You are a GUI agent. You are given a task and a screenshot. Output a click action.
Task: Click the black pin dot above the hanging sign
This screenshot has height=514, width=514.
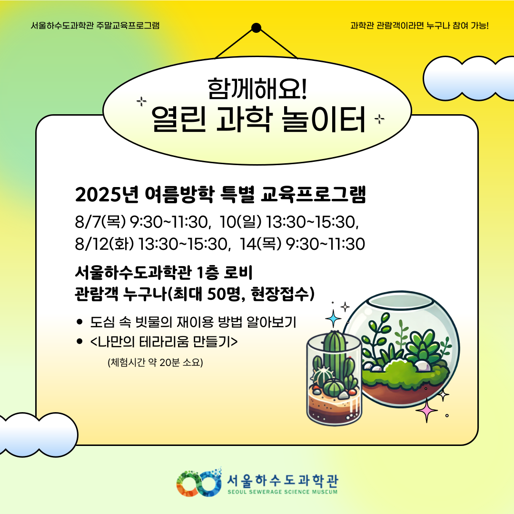tap(256, 28)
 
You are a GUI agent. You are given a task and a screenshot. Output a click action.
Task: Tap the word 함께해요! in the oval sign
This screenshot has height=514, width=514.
tap(257, 89)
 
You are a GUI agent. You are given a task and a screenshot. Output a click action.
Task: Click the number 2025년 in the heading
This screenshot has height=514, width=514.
tap(107, 194)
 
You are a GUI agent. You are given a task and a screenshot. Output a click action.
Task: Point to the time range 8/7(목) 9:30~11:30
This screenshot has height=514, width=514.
tap(142, 222)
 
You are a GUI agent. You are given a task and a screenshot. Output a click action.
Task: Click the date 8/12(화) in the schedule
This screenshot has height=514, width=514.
tap(104, 244)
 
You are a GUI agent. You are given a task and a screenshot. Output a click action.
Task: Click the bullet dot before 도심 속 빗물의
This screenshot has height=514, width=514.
tap(79, 322)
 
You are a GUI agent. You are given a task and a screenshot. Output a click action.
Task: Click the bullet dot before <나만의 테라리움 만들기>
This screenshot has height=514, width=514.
tap(79, 341)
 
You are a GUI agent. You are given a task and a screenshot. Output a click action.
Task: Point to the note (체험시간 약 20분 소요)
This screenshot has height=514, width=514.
tap(155, 362)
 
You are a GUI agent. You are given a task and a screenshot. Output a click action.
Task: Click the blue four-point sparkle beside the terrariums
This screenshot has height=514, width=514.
tap(333, 318)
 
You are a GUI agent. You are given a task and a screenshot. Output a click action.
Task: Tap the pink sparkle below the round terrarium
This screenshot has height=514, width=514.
tap(426, 410)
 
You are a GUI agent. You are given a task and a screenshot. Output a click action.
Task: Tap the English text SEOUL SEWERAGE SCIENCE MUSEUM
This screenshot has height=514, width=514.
tap(282, 492)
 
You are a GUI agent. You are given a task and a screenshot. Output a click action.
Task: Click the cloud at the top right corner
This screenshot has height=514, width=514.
tap(469, 79)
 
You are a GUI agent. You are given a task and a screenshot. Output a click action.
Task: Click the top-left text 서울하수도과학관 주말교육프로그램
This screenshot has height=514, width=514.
tap(95, 26)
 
